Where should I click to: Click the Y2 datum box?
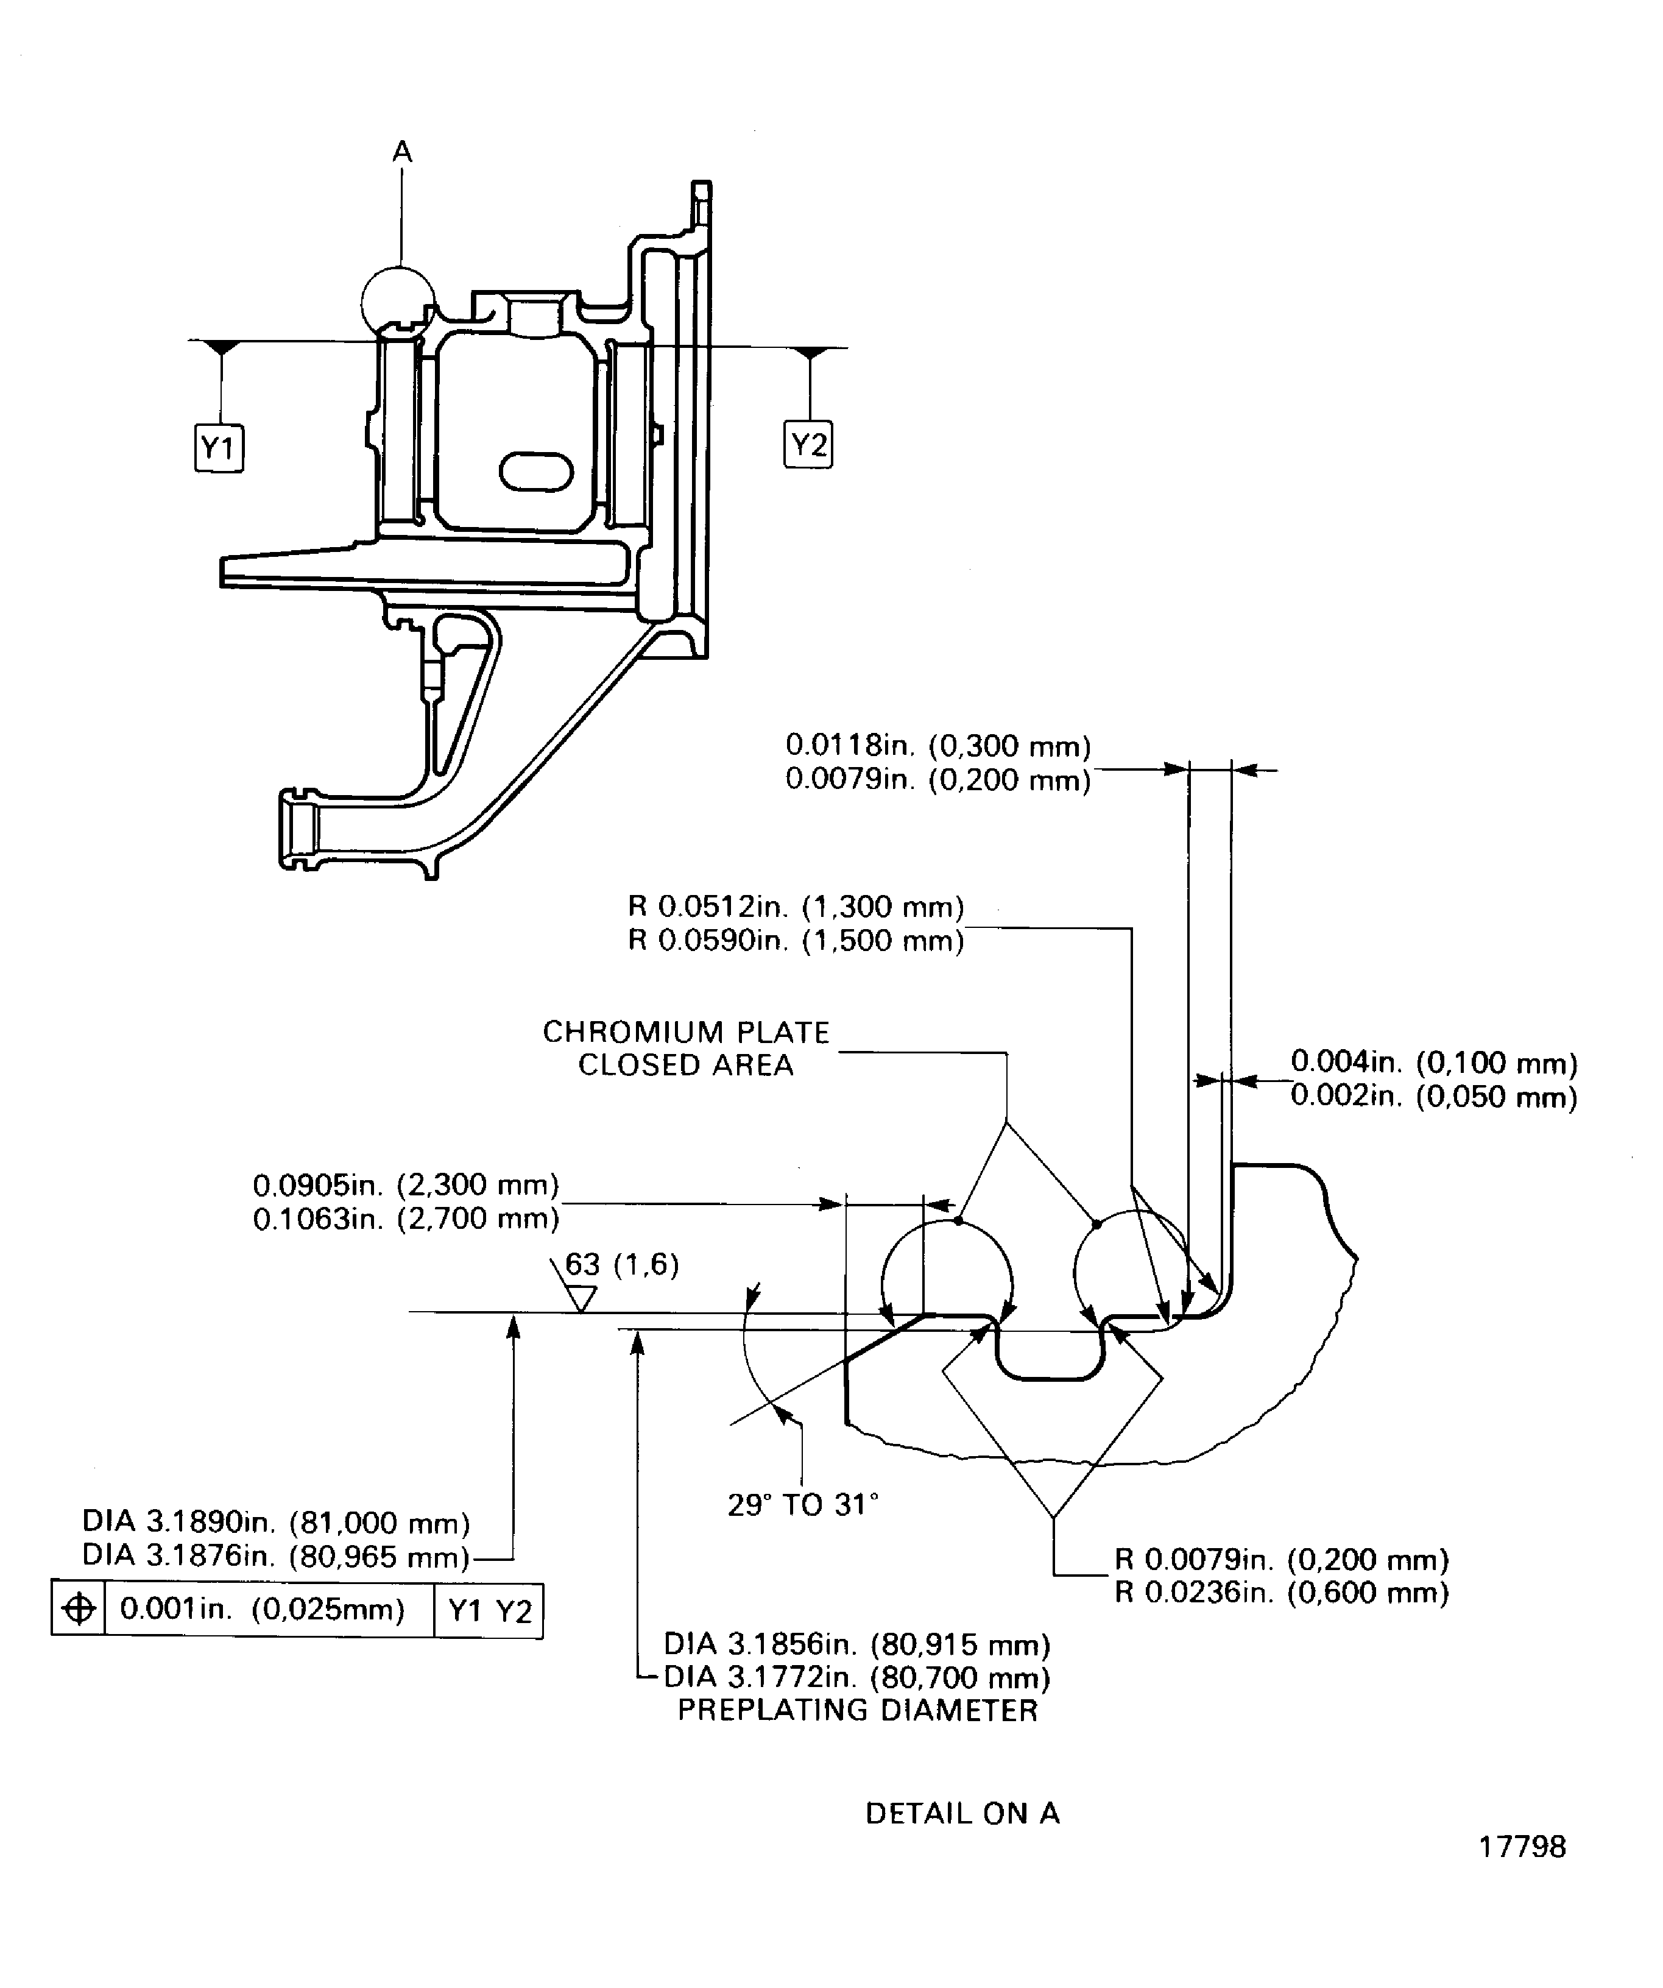(x=808, y=444)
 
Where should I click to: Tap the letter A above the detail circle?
(x=402, y=152)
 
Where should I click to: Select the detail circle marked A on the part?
(x=398, y=301)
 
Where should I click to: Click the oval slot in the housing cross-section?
(x=535, y=472)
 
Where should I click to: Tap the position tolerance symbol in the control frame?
(x=79, y=1609)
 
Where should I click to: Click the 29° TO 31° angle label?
(x=803, y=1505)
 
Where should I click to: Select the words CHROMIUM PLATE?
(x=685, y=1032)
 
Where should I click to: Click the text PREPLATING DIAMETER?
(x=858, y=1711)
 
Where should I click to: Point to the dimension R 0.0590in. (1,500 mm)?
(x=795, y=941)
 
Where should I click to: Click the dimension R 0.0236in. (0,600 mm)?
(x=1280, y=1593)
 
